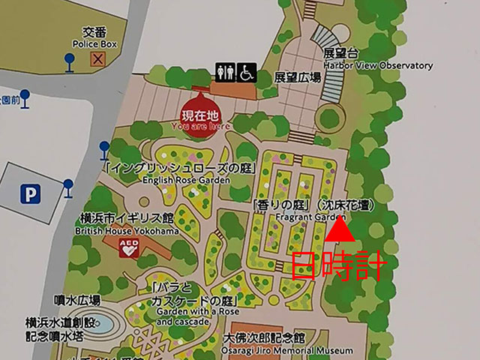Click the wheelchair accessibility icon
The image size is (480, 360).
[248, 72]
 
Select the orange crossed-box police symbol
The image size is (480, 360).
[97, 59]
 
